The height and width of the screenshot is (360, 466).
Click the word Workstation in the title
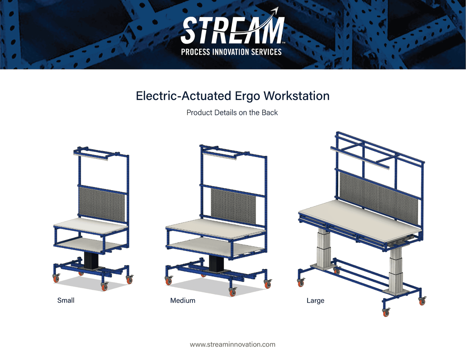tap(296, 96)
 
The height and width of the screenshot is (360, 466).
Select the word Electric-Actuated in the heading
tap(183, 96)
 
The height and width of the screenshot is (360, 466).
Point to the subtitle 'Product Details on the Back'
tap(232, 112)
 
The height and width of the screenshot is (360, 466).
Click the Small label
tap(66, 300)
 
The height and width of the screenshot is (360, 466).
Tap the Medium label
tap(183, 300)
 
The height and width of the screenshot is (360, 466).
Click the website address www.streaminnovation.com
tap(232, 344)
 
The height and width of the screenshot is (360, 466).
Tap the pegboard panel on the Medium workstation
tap(233, 206)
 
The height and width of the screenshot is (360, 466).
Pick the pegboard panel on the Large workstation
tap(379, 199)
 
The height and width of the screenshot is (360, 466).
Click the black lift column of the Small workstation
tap(91, 260)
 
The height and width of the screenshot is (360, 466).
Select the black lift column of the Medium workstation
tap(216, 263)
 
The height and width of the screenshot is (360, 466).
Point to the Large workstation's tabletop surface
tap(360, 221)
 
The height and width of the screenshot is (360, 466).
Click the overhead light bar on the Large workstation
tap(360, 158)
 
